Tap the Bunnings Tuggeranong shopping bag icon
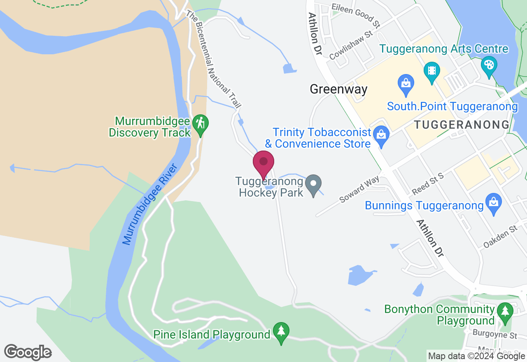pos(493,203)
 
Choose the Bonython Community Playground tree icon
pos(505,312)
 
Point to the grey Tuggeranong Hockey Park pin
pos(314,184)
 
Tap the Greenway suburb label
pos(338,89)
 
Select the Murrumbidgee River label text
pos(150,204)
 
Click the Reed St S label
pos(428,184)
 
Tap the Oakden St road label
pos(500,236)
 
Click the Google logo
pos(28,352)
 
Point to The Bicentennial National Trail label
pos(213,60)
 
